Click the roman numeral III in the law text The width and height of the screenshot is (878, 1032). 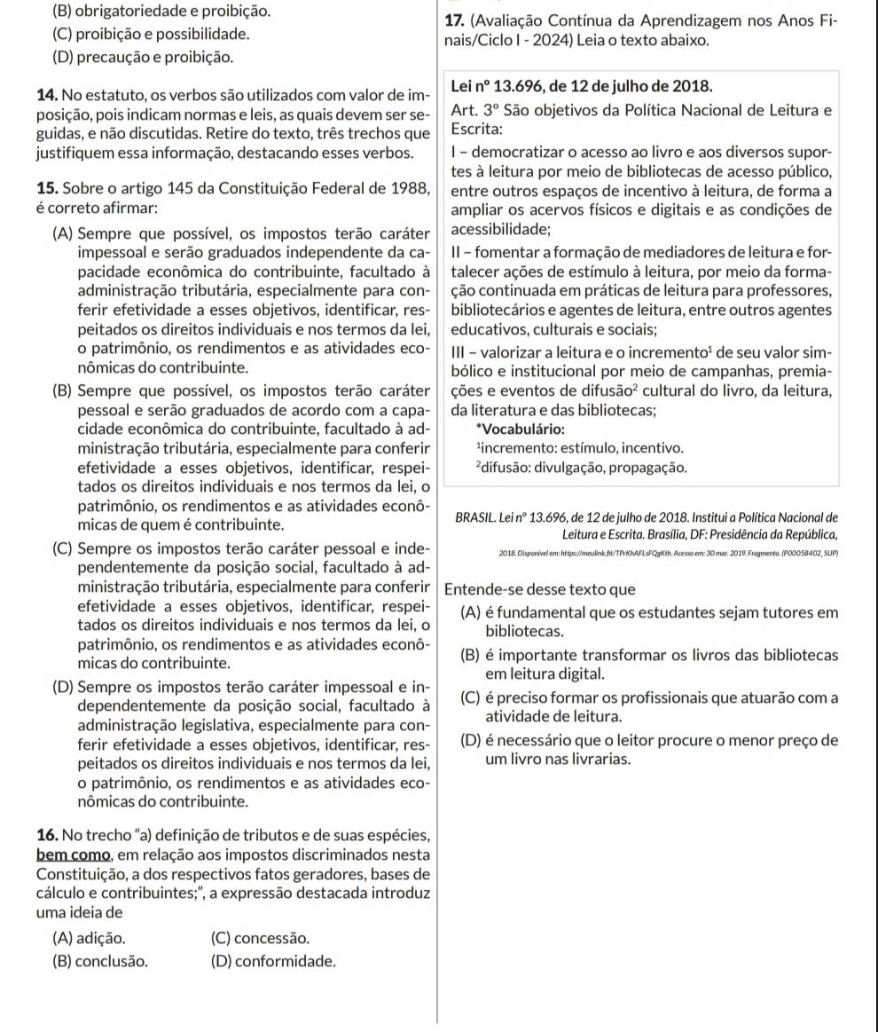[462, 353]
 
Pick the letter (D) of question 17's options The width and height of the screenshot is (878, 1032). [473, 740]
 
